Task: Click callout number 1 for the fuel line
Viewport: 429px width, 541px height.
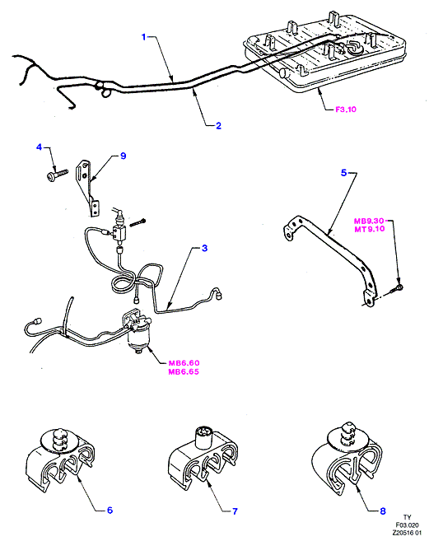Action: [x=144, y=37]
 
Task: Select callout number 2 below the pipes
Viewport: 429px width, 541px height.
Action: [x=218, y=126]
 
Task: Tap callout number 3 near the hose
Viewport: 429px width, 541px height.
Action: [x=205, y=248]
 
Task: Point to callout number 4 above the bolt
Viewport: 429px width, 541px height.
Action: [x=39, y=147]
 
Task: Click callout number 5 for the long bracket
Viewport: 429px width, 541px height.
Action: [x=343, y=173]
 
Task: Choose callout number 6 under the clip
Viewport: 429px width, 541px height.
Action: [x=110, y=510]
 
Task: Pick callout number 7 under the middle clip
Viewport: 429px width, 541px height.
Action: [x=235, y=511]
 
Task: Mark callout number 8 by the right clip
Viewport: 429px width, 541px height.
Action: [x=383, y=511]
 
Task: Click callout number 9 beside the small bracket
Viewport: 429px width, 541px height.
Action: [x=124, y=156]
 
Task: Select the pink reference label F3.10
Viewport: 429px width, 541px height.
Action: [x=346, y=110]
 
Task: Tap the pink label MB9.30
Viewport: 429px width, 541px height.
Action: [x=369, y=222]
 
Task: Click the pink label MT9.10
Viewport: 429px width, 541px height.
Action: [x=369, y=229]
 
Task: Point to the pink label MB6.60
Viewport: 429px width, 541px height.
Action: [x=184, y=363]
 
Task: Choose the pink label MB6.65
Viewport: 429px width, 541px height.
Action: [x=184, y=372]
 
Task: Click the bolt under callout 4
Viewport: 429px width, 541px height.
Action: [x=57, y=174]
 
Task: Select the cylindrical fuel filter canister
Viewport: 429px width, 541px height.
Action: [x=138, y=338]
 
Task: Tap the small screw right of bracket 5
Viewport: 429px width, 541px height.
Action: [x=397, y=289]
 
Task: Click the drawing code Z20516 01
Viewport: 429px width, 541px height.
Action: [x=407, y=533]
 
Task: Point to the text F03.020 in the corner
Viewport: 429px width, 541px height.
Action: [x=408, y=525]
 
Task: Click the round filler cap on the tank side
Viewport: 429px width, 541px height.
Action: [x=286, y=73]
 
